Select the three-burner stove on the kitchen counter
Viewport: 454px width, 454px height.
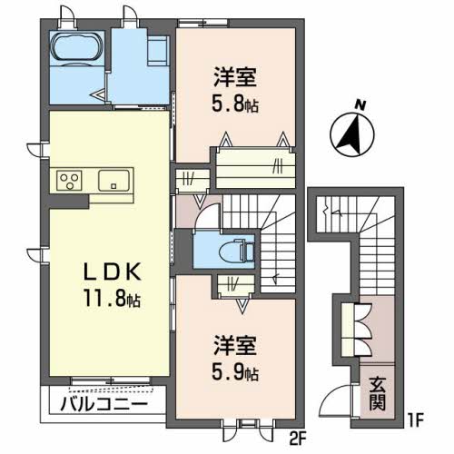[x=70, y=179]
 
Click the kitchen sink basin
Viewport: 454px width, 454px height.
[x=113, y=179]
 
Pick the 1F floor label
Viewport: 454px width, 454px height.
[x=415, y=423]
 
